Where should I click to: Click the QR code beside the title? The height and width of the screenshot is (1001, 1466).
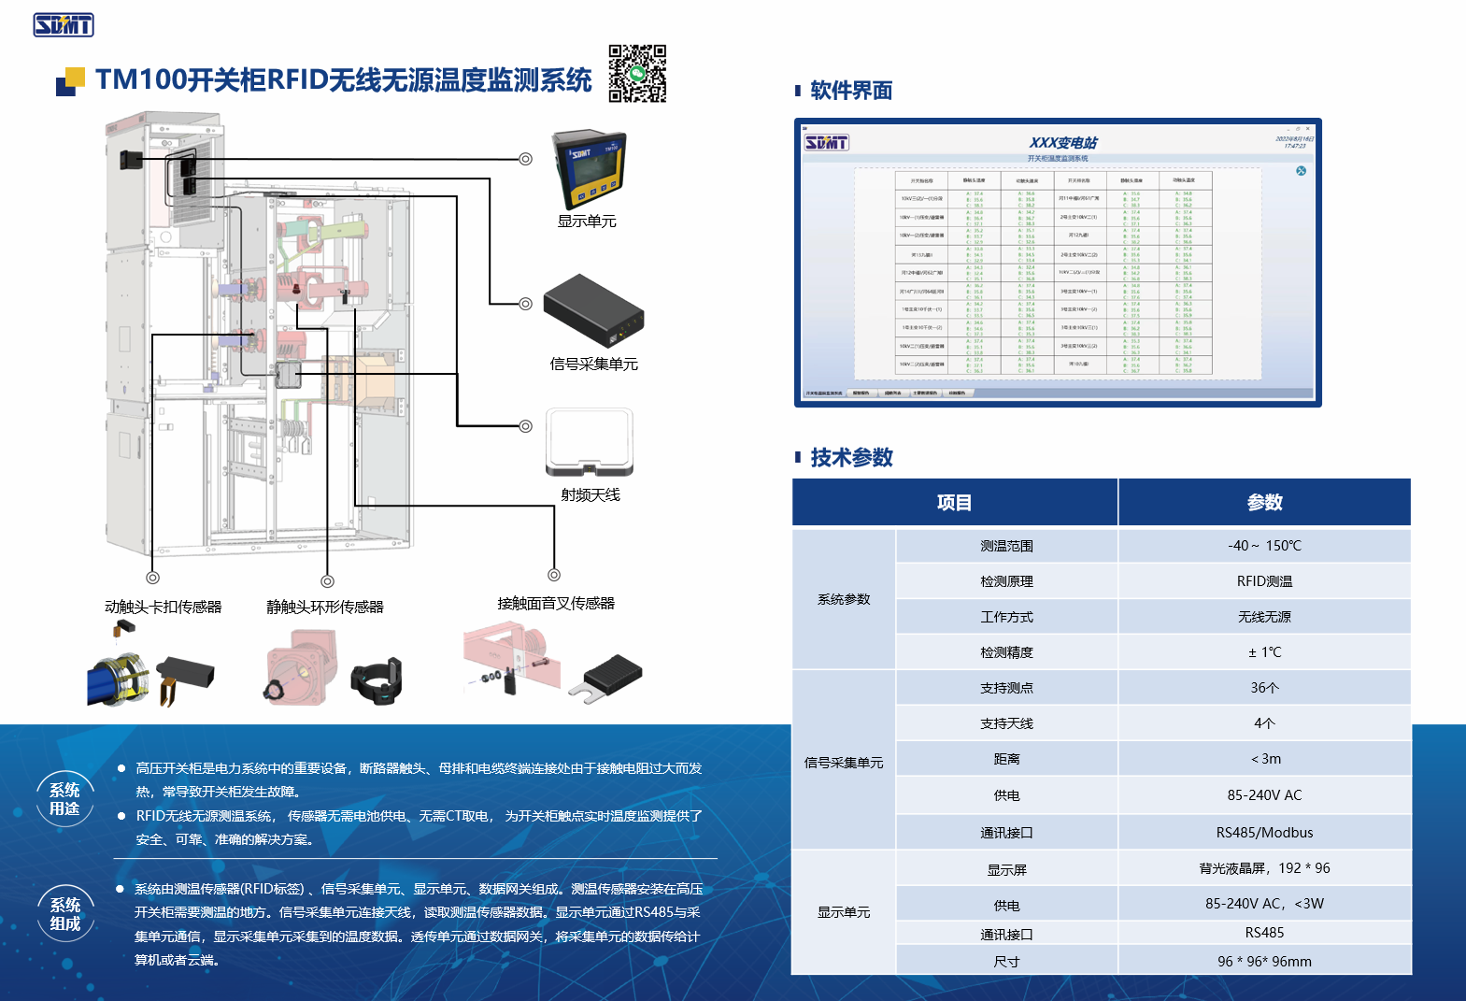(x=637, y=73)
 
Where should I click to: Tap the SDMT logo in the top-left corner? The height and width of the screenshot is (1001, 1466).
(x=64, y=25)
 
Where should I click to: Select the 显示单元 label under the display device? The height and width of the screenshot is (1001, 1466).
(x=587, y=222)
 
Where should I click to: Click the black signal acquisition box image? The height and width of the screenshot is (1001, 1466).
(x=593, y=311)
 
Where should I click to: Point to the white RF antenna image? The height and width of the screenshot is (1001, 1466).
(x=590, y=442)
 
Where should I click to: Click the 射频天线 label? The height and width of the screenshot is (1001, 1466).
(x=591, y=494)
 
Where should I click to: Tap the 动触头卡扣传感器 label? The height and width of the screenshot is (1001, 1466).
(x=164, y=607)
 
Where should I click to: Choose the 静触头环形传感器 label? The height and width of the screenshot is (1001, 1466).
(x=325, y=607)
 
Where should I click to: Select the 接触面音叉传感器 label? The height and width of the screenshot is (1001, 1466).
(x=556, y=603)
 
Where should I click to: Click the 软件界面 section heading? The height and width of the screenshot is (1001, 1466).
(x=851, y=91)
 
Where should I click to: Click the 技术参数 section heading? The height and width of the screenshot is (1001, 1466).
(x=851, y=457)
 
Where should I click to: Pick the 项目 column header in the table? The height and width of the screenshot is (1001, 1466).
(x=954, y=503)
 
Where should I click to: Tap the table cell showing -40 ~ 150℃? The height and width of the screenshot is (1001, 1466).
(x=1264, y=546)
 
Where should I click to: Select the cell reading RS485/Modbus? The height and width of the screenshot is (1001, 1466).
(x=1264, y=833)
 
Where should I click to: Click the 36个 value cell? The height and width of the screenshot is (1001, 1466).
(x=1264, y=688)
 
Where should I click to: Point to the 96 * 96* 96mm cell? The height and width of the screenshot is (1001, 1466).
(x=1264, y=961)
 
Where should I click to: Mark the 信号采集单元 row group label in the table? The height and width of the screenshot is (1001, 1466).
(x=844, y=763)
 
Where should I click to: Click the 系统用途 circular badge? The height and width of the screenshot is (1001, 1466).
(x=64, y=799)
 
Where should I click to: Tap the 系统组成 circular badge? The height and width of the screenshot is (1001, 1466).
(x=65, y=914)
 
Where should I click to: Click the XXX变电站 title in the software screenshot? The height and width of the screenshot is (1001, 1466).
(x=1063, y=143)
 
